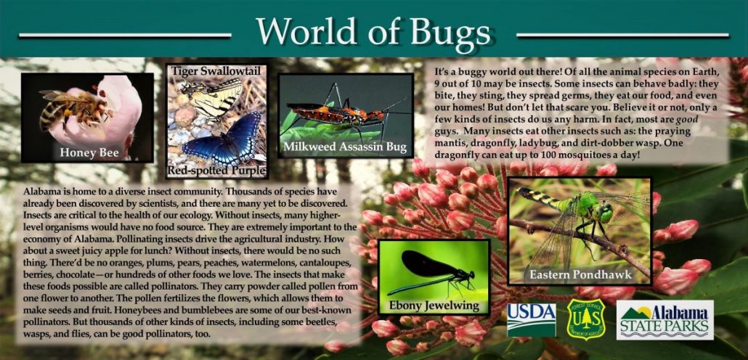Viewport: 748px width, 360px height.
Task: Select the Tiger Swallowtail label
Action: point(216,70)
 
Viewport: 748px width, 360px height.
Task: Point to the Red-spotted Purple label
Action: point(216,171)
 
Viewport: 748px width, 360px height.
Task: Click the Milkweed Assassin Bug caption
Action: point(345,147)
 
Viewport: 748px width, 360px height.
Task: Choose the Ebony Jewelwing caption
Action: point(434,305)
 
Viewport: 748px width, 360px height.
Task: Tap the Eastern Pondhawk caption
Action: point(580,275)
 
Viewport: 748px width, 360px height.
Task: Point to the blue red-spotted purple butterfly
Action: point(221,138)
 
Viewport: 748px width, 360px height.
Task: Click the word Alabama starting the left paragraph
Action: point(42,190)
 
